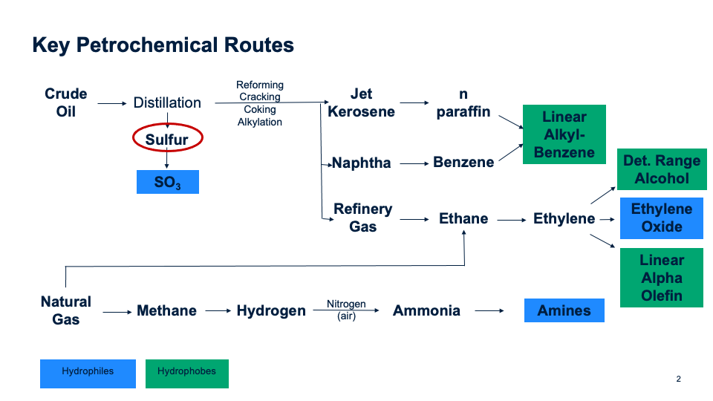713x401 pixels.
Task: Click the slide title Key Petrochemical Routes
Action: [163, 45]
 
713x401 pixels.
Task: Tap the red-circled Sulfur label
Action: [167, 139]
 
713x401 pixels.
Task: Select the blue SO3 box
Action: [167, 182]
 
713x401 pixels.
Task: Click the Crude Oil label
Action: [66, 102]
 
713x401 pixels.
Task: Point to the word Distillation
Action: [167, 102]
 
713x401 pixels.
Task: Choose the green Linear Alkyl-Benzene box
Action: [564, 134]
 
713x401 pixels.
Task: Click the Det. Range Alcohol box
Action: [661, 169]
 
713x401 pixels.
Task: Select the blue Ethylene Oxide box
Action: [661, 218]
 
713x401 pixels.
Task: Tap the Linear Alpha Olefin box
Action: [661, 278]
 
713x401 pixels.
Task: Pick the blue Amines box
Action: [564, 310]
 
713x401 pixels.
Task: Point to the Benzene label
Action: [463, 162]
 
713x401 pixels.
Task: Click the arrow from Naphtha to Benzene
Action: [412, 162]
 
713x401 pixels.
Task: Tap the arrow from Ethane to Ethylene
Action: [511, 219]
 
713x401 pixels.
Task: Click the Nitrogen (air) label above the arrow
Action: [346, 310]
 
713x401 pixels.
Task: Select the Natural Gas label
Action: [66, 310]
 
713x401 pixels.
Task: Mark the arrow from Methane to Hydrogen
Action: [218, 311]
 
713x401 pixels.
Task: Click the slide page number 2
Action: [678, 379]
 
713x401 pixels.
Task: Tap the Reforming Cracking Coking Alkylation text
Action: [260, 103]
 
